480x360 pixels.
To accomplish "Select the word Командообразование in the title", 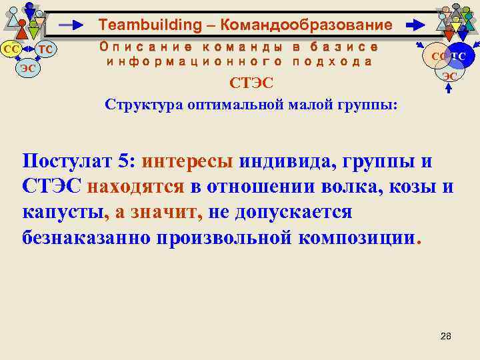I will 306,26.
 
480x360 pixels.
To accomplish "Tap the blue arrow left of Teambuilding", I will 73,26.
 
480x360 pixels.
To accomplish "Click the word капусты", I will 63,212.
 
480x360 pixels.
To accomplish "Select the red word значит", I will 166,212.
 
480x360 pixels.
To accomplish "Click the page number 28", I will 446,335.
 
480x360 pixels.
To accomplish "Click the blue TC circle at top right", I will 459,57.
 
